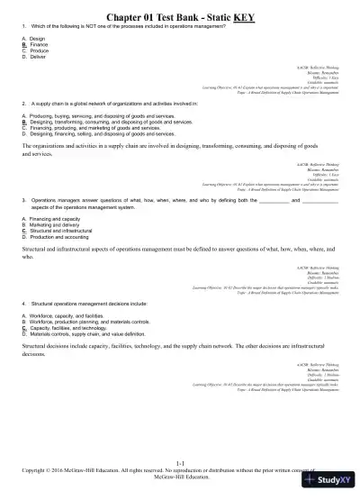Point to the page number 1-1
180,462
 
